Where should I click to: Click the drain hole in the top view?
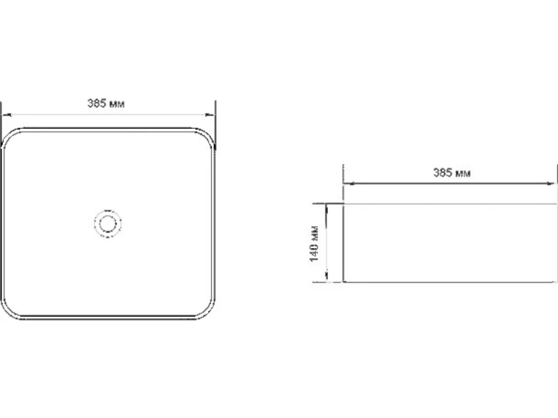tap(108, 223)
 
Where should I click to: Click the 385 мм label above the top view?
tap(106, 103)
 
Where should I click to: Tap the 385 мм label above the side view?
tap(452, 173)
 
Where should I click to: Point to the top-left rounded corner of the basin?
tap(8, 134)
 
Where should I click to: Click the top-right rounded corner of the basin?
tap(209, 134)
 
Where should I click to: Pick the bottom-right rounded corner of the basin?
tap(209, 312)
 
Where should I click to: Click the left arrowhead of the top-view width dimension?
tap(7, 115)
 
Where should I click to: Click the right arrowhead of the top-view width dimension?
tap(211, 115)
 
